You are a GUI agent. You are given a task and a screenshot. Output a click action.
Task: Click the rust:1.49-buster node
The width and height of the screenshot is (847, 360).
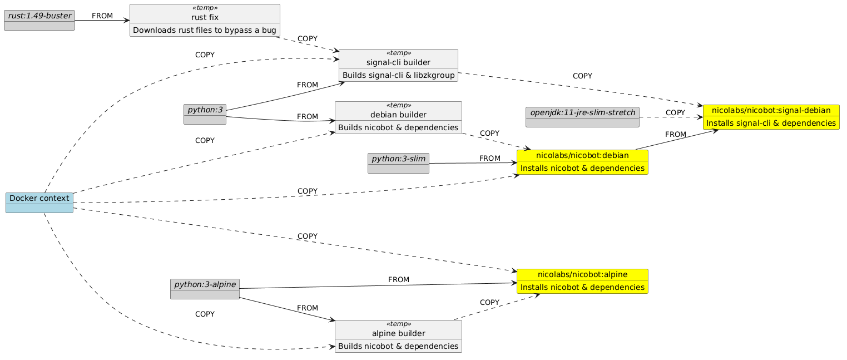[39, 15]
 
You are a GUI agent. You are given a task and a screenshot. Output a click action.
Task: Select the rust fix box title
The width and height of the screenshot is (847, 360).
[204, 17]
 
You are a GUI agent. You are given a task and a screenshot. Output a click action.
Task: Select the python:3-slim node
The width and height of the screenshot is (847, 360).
[398, 159]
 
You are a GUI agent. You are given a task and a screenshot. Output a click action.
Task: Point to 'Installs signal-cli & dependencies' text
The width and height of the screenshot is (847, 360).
[771, 123]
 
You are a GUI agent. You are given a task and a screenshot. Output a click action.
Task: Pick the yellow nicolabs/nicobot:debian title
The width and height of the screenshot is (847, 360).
[582, 155]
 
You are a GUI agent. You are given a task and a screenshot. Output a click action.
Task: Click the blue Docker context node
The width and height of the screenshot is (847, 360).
[39, 198]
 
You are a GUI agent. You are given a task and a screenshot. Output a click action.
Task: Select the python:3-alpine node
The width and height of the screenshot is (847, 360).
[204, 285]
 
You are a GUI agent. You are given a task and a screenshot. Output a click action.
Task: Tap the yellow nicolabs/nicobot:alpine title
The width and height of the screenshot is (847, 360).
[582, 274]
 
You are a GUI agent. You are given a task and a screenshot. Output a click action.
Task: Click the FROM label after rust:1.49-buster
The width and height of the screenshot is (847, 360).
[102, 16]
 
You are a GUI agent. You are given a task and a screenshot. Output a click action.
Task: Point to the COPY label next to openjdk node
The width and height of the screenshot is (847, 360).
[675, 113]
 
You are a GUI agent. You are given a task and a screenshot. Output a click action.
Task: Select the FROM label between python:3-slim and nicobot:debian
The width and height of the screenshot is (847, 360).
[489, 159]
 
